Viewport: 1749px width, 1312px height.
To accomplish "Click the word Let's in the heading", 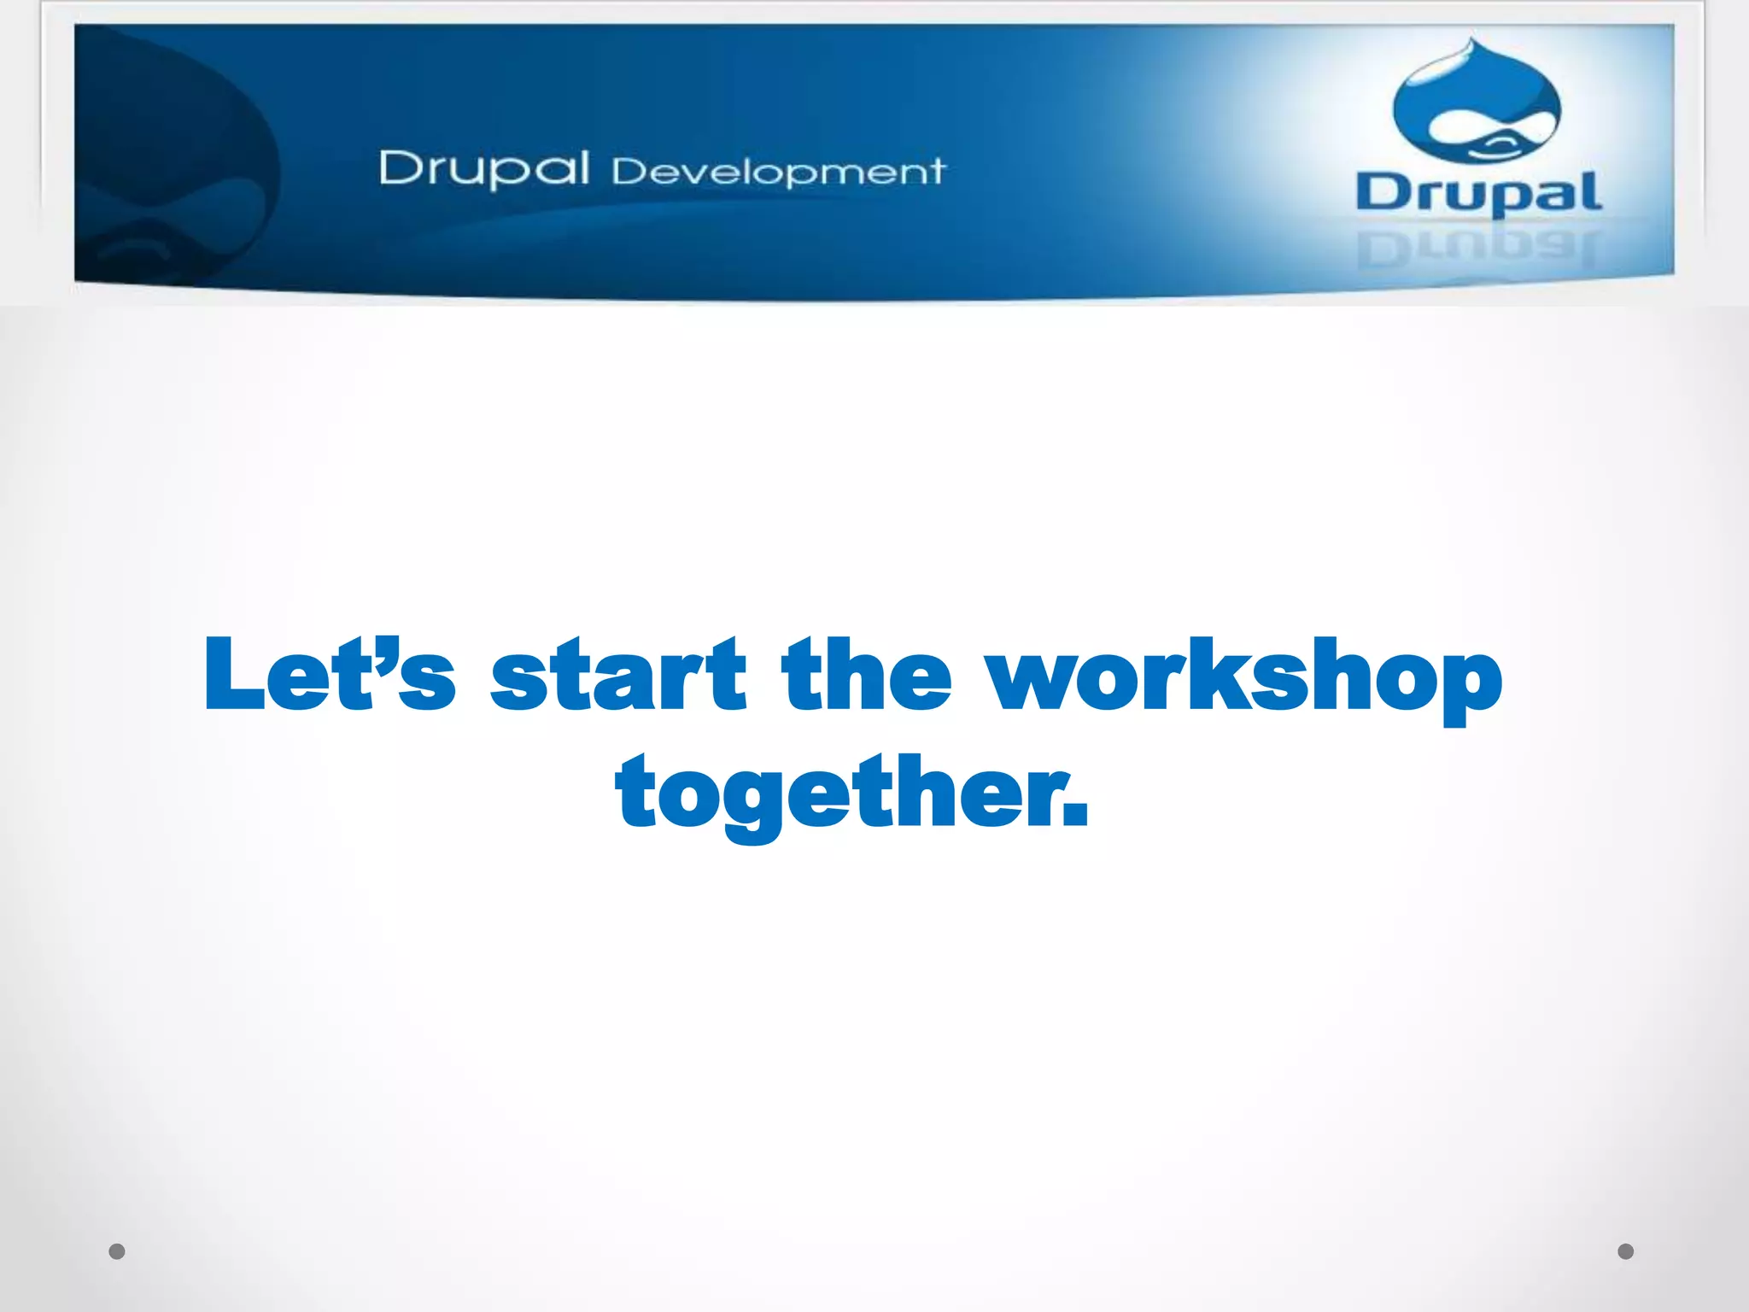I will click(x=329, y=675).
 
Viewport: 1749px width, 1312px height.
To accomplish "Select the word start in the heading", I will click(x=618, y=675).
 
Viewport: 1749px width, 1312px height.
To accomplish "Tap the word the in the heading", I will click(x=866, y=675).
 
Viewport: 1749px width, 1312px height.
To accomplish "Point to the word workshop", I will click(x=1245, y=679).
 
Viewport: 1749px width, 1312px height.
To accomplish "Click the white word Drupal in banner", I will click(x=484, y=168).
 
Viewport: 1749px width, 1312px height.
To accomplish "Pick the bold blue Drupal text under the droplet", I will click(x=1477, y=193).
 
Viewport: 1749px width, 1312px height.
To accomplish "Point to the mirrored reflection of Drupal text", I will click(x=1477, y=249).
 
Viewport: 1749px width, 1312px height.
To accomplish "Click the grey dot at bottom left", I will click(x=117, y=1251).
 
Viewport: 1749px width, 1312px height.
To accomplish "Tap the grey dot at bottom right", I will click(x=1626, y=1251).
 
